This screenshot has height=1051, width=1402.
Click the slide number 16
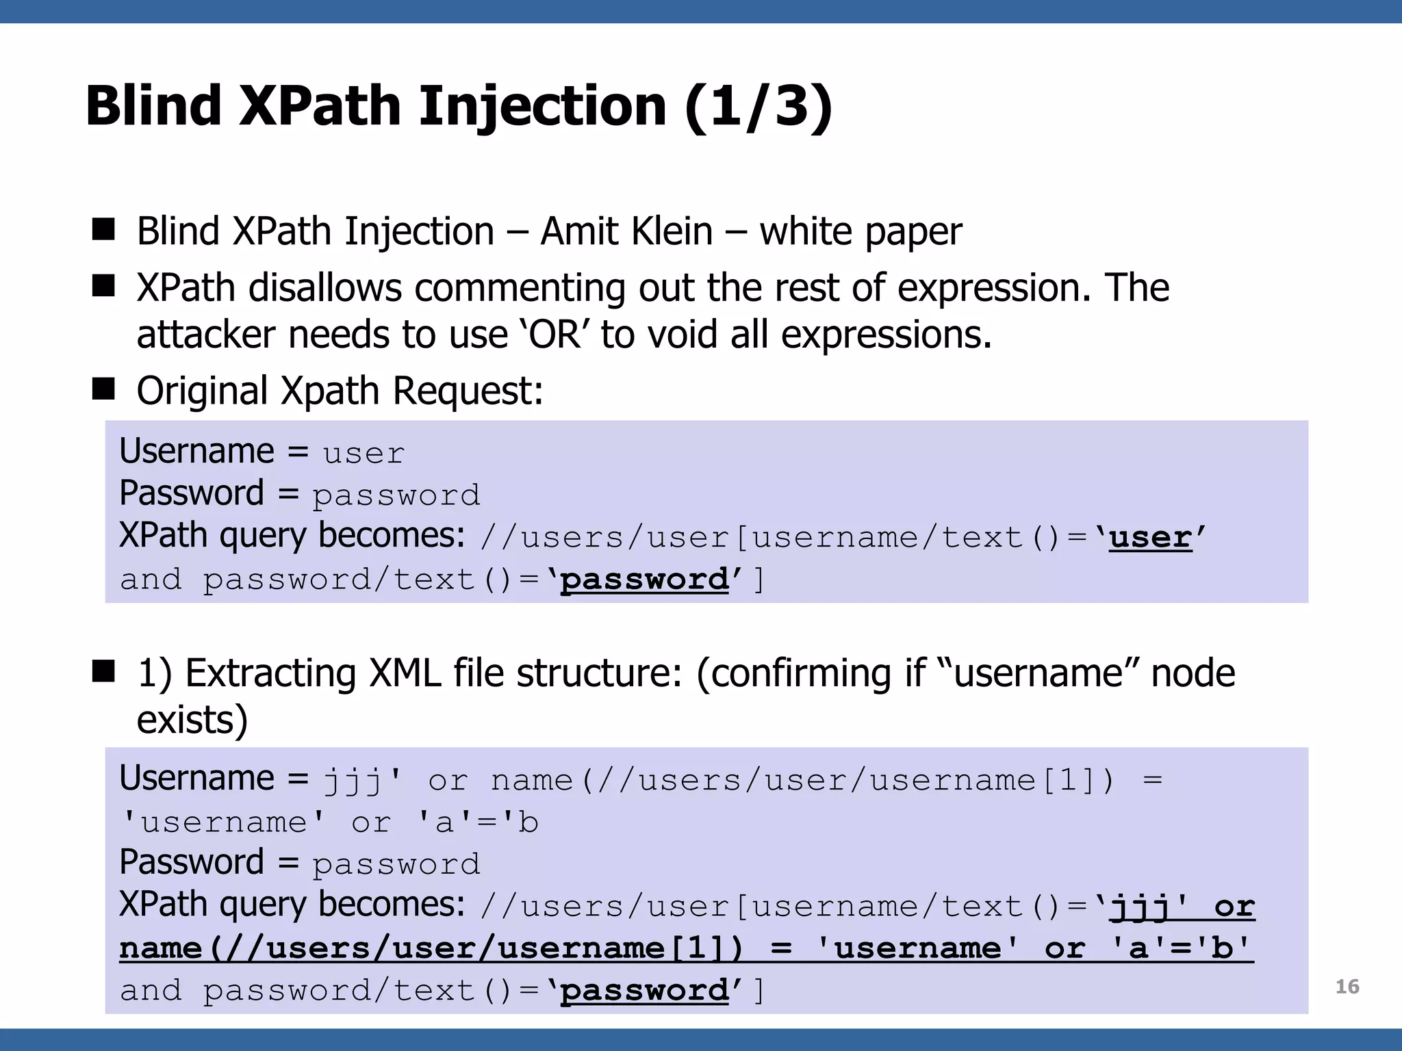1347,987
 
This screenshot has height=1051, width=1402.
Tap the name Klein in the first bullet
673,231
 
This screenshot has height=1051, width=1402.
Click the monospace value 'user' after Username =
364,454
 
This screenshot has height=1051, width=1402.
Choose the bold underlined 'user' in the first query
1151,538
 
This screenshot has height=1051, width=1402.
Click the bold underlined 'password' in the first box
644,580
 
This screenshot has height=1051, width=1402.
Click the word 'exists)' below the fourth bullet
192,720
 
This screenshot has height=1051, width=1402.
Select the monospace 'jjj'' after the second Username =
363,781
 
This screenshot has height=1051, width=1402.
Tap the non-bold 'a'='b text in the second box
479,822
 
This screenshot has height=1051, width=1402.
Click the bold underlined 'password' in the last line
644,990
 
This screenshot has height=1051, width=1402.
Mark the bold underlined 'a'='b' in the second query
1182,948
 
